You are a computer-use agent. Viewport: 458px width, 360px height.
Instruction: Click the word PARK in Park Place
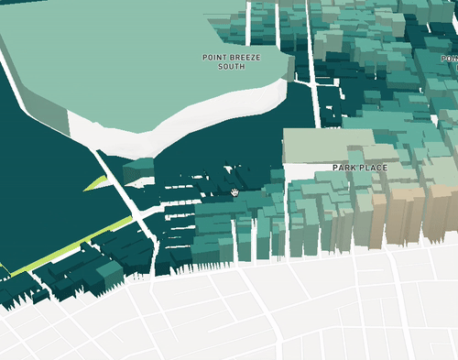(344, 169)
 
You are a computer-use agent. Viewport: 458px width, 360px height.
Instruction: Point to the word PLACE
(374, 169)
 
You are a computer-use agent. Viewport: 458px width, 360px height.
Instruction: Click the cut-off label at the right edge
(450, 58)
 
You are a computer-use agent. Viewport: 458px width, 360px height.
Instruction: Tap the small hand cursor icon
(235, 192)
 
